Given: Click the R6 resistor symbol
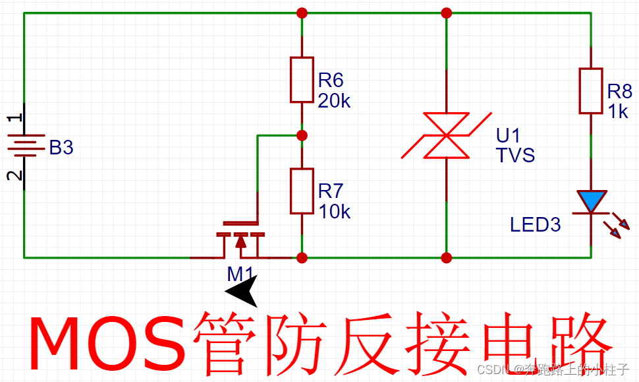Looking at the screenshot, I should click(302, 80).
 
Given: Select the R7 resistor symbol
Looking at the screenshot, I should click(302, 191).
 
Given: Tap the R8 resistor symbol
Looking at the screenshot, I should click(591, 90).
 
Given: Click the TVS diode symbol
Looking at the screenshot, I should click(447, 136).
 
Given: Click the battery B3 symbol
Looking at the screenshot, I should click(24, 146).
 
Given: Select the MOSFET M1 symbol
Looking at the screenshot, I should click(240, 239).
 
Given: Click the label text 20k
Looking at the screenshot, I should click(334, 102).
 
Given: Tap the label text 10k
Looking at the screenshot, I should click(334, 212).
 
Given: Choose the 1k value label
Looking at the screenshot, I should click(617, 111).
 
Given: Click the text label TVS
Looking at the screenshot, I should click(515, 156).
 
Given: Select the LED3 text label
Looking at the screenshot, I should click(535, 225).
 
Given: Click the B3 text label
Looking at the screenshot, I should click(61, 148).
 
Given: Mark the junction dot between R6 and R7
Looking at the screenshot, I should click(302, 135).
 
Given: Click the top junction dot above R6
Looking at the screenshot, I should click(302, 13).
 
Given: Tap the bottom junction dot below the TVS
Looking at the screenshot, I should click(447, 257).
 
